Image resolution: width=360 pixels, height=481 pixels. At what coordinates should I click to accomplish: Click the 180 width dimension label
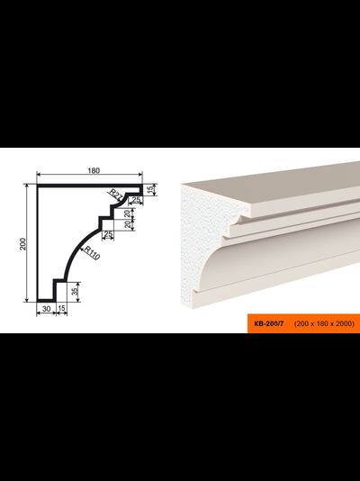tap(94, 170)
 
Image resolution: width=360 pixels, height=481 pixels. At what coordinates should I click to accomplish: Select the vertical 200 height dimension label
tap(23, 244)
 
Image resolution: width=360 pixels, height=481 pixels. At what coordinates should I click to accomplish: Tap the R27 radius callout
tap(115, 195)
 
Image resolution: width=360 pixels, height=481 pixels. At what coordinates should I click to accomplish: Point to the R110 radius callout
tap(92, 253)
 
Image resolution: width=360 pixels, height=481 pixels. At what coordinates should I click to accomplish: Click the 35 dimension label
tap(74, 292)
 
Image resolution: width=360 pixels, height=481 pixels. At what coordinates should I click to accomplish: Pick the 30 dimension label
tap(46, 309)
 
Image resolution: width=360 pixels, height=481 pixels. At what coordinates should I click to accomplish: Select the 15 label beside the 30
tap(61, 308)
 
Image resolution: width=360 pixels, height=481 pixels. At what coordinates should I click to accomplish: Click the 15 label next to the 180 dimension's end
tap(150, 190)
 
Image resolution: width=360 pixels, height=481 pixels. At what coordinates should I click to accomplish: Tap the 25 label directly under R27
tap(135, 200)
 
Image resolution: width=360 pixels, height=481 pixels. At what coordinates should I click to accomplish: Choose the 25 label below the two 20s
tap(108, 235)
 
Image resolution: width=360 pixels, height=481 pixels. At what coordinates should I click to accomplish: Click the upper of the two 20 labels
tap(129, 213)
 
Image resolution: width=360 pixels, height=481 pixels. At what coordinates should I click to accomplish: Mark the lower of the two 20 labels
tap(129, 225)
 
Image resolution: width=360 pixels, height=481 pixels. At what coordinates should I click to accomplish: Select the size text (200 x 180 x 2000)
tap(324, 323)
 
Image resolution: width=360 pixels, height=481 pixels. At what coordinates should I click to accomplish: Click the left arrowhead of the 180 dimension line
tap(39, 174)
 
